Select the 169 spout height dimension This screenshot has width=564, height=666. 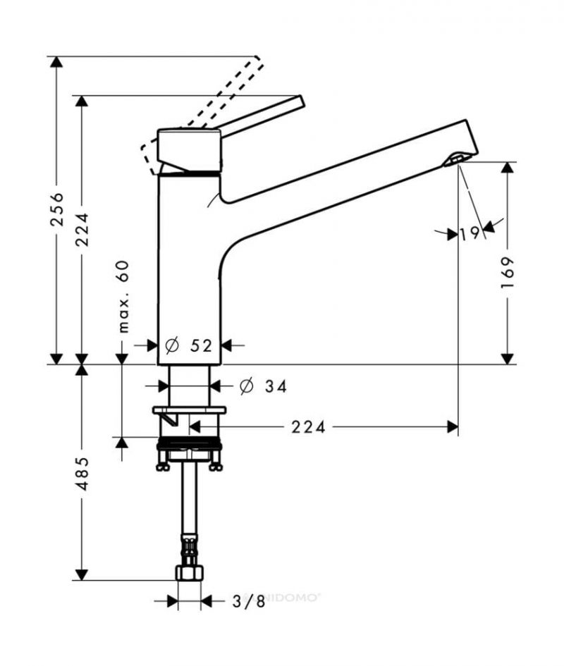click(x=507, y=272)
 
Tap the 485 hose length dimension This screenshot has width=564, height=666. click(x=82, y=474)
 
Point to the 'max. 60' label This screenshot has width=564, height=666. click(x=123, y=297)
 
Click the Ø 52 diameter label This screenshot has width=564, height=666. click(x=188, y=345)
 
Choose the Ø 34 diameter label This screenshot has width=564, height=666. click(x=264, y=386)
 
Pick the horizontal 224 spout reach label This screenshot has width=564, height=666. click(x=309, y=427)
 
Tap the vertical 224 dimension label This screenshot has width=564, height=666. click(x=82, y=229)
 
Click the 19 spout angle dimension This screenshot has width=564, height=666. click(x=470, y=233)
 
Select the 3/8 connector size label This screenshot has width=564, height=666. click(x=249, y=601)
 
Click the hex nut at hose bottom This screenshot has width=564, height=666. click(x=189, y=573)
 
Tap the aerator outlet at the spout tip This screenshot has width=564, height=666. click(x=455, y=160)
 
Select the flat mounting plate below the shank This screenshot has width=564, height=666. click(x=189, y=410)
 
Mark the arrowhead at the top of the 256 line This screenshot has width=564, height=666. click(x=56, y=62)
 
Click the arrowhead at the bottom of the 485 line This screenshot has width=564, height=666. click(x=82, y=574)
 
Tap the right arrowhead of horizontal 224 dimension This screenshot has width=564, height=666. click(x=453, y=427)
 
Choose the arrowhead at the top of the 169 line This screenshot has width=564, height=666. click(x=507, y=168)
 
